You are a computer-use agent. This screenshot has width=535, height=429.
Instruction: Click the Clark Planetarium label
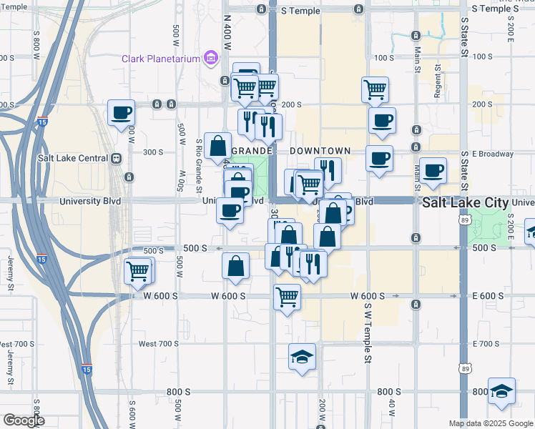tap(159, 59)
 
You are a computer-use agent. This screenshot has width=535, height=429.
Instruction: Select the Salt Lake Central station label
tap(75, 159)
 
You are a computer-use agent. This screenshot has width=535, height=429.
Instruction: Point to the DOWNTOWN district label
tap(320, 151)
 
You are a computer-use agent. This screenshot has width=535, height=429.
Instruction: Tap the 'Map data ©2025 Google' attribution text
tap(490, 423)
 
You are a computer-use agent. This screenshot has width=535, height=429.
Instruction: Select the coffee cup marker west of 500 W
tap(121, 113)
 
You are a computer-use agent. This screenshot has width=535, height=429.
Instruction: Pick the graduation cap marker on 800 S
tap(502, 391)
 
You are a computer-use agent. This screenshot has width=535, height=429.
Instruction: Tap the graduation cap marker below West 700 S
tap(302, 356)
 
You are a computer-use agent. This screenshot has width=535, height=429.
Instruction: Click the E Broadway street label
tap(488, 154)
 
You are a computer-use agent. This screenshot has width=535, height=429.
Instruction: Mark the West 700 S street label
tap(158, 344)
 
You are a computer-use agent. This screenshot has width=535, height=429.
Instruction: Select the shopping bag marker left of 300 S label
tap(217, 146)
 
